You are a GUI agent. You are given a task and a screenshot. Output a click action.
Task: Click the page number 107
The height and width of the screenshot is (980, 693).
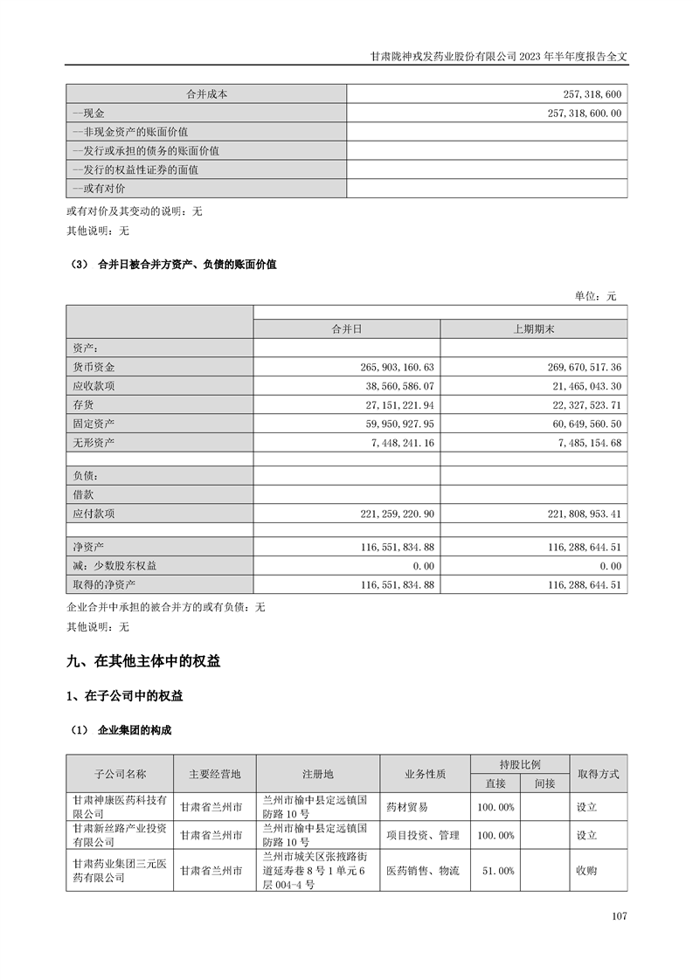coord(620,916)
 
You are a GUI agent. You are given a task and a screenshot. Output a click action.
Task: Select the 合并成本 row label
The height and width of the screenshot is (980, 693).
coord(206,94)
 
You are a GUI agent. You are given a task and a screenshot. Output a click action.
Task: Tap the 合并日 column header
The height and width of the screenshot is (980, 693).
coord(347,329)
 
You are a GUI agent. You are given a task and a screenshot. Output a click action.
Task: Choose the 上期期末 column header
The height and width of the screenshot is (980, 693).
coord(533,329)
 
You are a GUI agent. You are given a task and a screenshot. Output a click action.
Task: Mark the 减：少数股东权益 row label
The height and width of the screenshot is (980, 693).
coord(115,566)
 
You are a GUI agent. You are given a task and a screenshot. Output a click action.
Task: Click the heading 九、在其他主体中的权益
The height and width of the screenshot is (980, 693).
coord(143,662)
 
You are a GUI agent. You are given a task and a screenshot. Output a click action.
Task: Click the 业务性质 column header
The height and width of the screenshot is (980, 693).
coord(426,774)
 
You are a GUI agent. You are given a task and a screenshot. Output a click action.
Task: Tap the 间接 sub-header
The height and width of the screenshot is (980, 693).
coord(544,783)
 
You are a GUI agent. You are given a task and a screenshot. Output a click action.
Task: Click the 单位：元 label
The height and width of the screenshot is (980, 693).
coord(595,296)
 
